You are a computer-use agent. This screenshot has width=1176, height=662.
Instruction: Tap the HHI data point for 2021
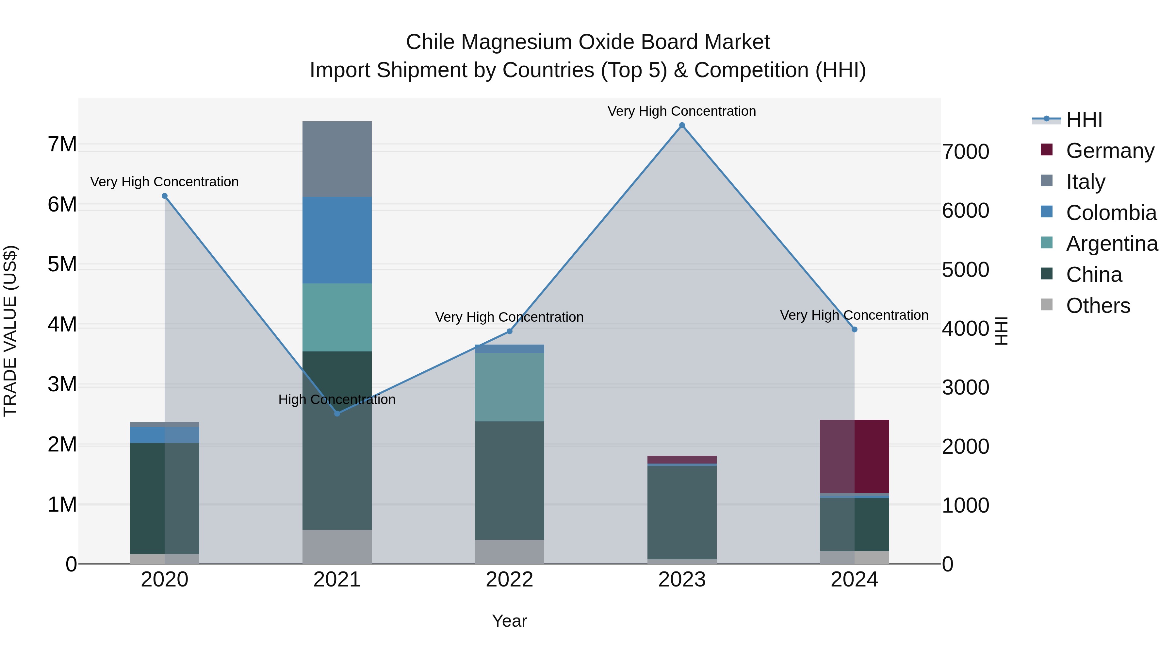(x=337, y=414)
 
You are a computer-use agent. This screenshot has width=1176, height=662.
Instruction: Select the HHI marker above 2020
(x=165, y=196)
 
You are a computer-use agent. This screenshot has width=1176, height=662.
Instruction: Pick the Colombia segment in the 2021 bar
(x=337, y=240)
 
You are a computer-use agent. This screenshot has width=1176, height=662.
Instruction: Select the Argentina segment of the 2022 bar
(x=510, y=387)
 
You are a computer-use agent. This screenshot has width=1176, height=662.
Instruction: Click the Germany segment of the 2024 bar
(x=854, y=456)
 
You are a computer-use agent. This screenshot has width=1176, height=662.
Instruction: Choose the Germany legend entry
(x=1110, y=151)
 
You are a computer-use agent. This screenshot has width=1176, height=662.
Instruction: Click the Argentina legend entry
(x=1112, y=244)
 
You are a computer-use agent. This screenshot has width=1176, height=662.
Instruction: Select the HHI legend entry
(x=1084, y=120)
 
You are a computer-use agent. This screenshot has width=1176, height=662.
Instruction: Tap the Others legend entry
(x=1098, y=306)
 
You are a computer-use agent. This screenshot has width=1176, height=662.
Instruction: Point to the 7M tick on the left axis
(x=62, y=144)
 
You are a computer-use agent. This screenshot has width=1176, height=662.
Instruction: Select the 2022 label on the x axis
(x=510, y=580)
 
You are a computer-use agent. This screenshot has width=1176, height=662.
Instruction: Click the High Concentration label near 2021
(x=337, y=400)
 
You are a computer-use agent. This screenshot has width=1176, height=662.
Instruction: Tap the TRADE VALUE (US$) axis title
(x=10, y=331)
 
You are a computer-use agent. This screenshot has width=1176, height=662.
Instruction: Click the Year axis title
(x=510, y=621)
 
